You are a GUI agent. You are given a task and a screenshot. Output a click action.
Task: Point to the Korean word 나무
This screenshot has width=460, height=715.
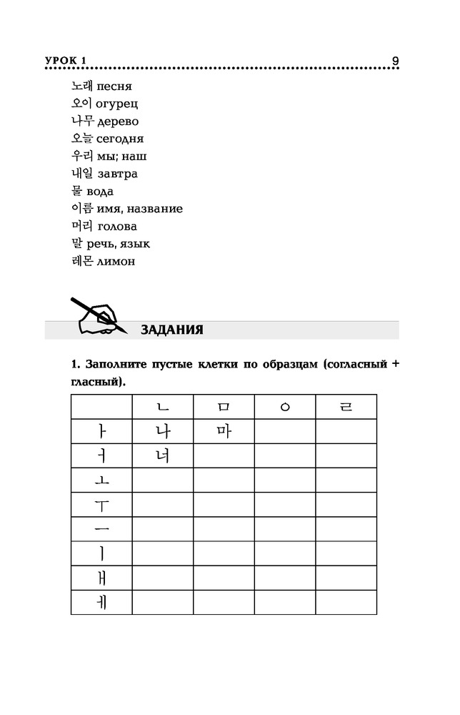point(82,122)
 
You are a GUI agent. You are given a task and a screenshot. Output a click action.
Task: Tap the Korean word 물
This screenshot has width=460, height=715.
point(76,192)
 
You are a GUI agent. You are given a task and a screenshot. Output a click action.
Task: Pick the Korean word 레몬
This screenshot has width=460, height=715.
point(82,262)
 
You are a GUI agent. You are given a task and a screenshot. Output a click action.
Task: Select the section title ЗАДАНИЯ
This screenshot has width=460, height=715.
point(172,330)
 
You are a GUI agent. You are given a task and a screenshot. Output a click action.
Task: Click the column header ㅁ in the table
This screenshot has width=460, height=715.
point(224,407)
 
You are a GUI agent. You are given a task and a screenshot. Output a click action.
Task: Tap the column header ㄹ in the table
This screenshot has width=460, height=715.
point(346,407)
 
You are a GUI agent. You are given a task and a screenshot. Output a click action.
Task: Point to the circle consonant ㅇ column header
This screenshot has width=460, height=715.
point(285,408)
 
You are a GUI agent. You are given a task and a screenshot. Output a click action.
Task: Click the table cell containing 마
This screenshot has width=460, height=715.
point(224,431)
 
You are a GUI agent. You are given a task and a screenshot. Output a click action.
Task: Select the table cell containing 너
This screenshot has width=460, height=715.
point(162,455)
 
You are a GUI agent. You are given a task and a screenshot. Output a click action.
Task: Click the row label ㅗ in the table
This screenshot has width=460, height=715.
point(101,480)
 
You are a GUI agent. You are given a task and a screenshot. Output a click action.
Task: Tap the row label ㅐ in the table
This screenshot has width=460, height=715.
point(101,577)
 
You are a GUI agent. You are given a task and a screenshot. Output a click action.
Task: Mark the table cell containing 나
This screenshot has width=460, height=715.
point(162,431)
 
